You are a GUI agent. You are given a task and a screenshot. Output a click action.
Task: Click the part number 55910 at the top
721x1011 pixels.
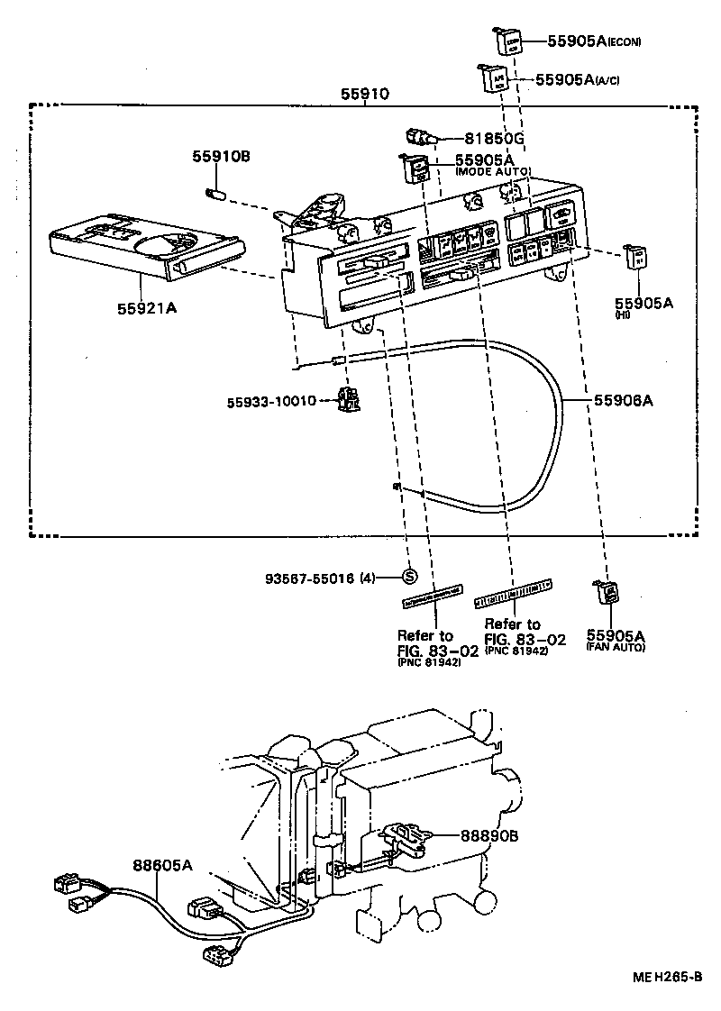[365, 93]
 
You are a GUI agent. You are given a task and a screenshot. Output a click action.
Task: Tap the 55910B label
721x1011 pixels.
[220, 156]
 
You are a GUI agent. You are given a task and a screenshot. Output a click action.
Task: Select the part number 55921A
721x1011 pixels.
[146, 308]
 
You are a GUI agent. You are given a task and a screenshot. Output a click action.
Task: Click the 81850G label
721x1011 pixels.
[494, 139]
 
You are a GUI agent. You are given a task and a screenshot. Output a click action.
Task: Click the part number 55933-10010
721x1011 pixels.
[271, 400]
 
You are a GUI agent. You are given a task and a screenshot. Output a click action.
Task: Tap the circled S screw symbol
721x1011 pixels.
[408, 577]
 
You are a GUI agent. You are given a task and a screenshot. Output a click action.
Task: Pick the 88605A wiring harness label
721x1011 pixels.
[163, 865]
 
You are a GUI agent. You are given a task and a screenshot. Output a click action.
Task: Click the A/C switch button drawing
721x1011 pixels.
[496, 79]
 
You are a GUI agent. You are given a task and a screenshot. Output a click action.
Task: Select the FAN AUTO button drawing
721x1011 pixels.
[607, 592]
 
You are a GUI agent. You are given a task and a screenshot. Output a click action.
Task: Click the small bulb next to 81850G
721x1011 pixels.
[421, 139]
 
